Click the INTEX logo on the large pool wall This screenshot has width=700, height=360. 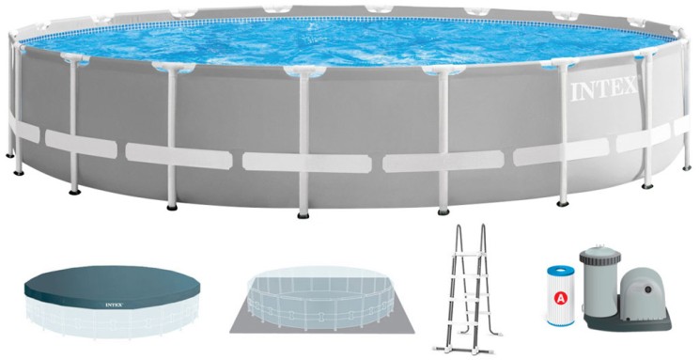(602, 90)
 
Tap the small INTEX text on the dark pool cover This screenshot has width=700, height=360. (115, 305)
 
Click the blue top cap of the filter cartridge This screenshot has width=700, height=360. (560, 270)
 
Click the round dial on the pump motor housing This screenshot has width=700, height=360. (647, 290)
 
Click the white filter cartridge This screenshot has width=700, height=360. (560, 296)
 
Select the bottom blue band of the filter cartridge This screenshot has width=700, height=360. (560, 322)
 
